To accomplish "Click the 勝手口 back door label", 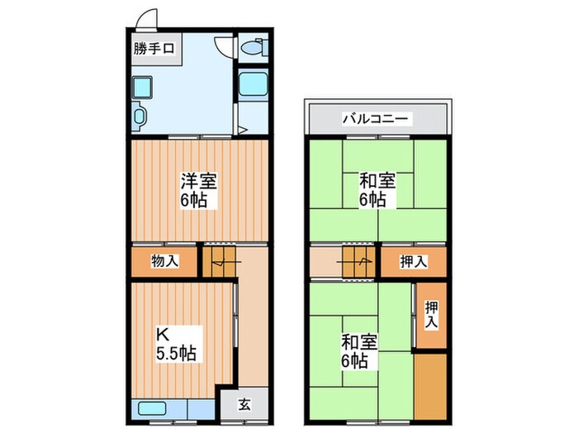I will tap(154, 49).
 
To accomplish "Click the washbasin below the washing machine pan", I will tap(140, 115).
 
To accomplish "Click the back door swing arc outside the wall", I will tap(146, 18).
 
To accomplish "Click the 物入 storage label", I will tap(164, 261).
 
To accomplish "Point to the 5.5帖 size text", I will tap(176, 354).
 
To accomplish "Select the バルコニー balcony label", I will tap(376, 119).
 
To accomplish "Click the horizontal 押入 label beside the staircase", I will tap(414, 261).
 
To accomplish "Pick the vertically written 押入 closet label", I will tap(431, 313).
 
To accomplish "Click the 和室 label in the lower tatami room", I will tap(358, 341).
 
